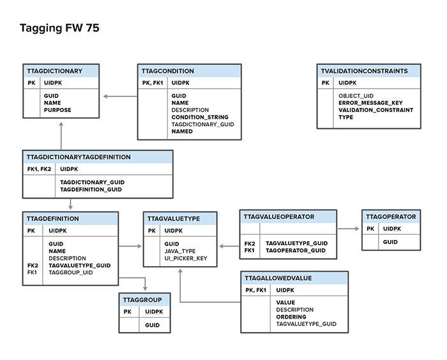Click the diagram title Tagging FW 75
tap(59, 28)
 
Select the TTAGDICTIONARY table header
tap(54, 71)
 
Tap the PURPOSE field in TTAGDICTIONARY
tap(57, 110)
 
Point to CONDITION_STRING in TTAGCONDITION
tap(199, 117)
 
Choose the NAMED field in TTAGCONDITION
tap(182, 131)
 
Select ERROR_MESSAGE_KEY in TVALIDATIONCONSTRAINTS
tap(370, 103)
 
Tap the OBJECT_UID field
tap(356, 96)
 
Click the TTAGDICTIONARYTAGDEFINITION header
tap(79, 157)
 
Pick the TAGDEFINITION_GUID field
tap(91, 190)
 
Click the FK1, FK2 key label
tap(39, 169)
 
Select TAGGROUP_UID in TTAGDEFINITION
tap(71, 272)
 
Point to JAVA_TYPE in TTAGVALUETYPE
tap(180, 251)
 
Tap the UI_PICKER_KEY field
tap(186, 259)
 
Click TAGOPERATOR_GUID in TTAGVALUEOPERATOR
tap(296, 250)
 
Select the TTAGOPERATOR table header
tap(391, 216)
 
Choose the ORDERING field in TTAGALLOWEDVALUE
tap(291, 317)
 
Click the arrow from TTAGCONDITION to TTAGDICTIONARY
tap(119, 96)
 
